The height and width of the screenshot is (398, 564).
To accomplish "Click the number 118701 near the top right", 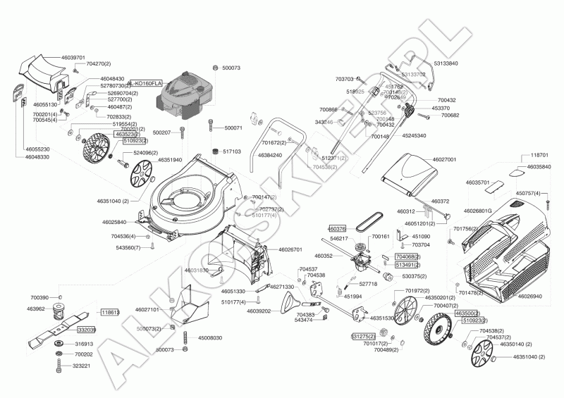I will coord(539,155).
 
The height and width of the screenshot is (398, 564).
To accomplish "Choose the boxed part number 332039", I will coord(86,330).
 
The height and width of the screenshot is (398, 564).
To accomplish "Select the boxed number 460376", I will coord(337,228).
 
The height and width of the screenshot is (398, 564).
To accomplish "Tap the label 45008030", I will coord(208,338).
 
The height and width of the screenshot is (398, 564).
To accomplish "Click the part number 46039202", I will coord(256,311).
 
